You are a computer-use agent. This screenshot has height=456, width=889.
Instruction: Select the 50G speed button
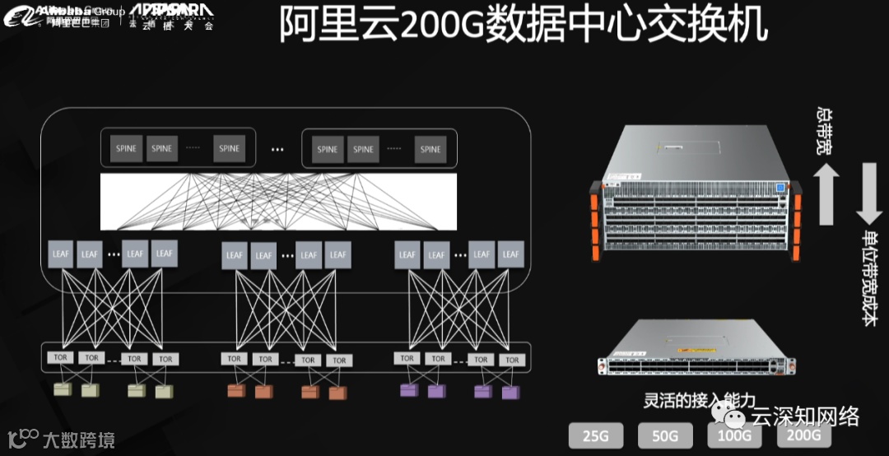click(x=664, y=435)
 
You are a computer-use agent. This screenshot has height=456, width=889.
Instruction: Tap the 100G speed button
click(x=734, y=435)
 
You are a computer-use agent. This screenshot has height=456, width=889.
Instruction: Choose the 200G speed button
click(x=803, y=435)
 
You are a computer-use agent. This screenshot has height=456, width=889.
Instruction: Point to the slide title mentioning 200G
click(x=524, y=26)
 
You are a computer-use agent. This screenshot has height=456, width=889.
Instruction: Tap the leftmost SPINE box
click(x=127, y=149)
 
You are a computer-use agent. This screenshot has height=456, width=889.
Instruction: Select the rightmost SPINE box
click(x=431, y=149)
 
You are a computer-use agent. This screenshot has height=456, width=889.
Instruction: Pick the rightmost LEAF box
click(x=510, y=254)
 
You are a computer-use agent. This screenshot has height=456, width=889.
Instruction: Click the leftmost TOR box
click(x=60, y=358)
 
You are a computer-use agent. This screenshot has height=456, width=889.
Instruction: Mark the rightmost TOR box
click(x=512, y=360)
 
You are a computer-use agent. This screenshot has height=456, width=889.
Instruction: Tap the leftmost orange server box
click(x=235, y=390)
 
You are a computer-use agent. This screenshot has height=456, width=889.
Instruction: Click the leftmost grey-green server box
click(x=60, y=389)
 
